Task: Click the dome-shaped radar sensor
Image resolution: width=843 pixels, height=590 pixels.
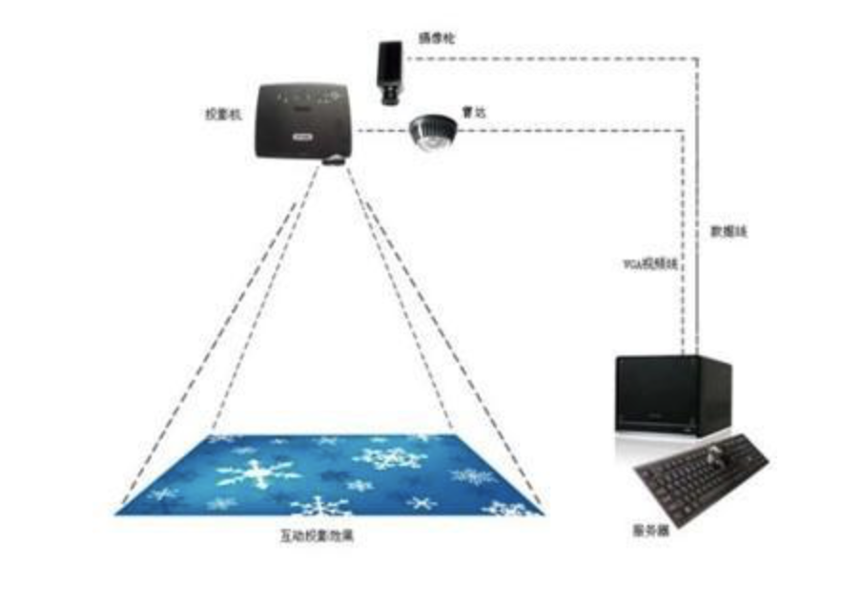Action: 433,131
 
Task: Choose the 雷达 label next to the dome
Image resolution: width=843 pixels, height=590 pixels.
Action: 471,112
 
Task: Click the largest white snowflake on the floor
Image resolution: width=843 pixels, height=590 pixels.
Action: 257,473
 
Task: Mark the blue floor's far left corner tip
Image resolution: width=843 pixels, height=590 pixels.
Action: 117,513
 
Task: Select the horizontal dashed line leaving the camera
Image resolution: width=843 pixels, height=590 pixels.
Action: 553,58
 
